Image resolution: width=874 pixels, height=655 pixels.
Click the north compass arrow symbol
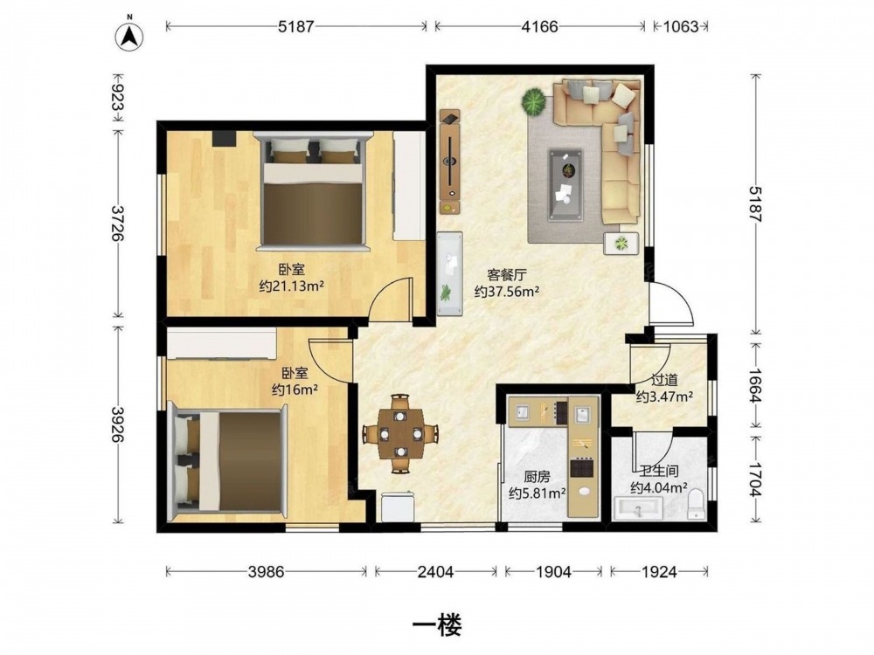click(x=129, y=36)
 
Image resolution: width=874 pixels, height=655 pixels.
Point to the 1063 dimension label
click(x=681, y=26)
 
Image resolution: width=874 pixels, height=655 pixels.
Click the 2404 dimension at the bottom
click(x=435, y=571)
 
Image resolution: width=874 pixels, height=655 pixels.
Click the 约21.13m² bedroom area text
click(x=292, y=286)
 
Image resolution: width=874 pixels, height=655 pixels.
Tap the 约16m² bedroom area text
click(x=295, y=390)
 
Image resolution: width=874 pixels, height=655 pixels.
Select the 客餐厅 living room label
click(x=507, y=274)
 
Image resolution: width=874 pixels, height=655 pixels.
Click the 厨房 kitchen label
click(x=538, y=477)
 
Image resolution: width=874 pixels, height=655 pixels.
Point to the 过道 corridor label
click(x=664, y=380)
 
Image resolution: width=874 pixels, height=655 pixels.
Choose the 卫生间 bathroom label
click(x=658, y=472)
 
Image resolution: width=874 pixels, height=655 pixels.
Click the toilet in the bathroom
click(x=697, y=504)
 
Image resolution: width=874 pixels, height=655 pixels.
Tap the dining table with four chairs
click(x=399, y=434)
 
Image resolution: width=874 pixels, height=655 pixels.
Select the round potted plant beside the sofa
click(x=535, y=102)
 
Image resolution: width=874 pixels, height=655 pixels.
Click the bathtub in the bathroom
click(x=639, y=508)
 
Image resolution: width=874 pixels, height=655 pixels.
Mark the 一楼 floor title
click(x=437, y=625)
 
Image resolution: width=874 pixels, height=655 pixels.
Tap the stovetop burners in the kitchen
click(x=581, y=467)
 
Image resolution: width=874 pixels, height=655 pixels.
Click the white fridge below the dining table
click(x=398, y=507)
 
